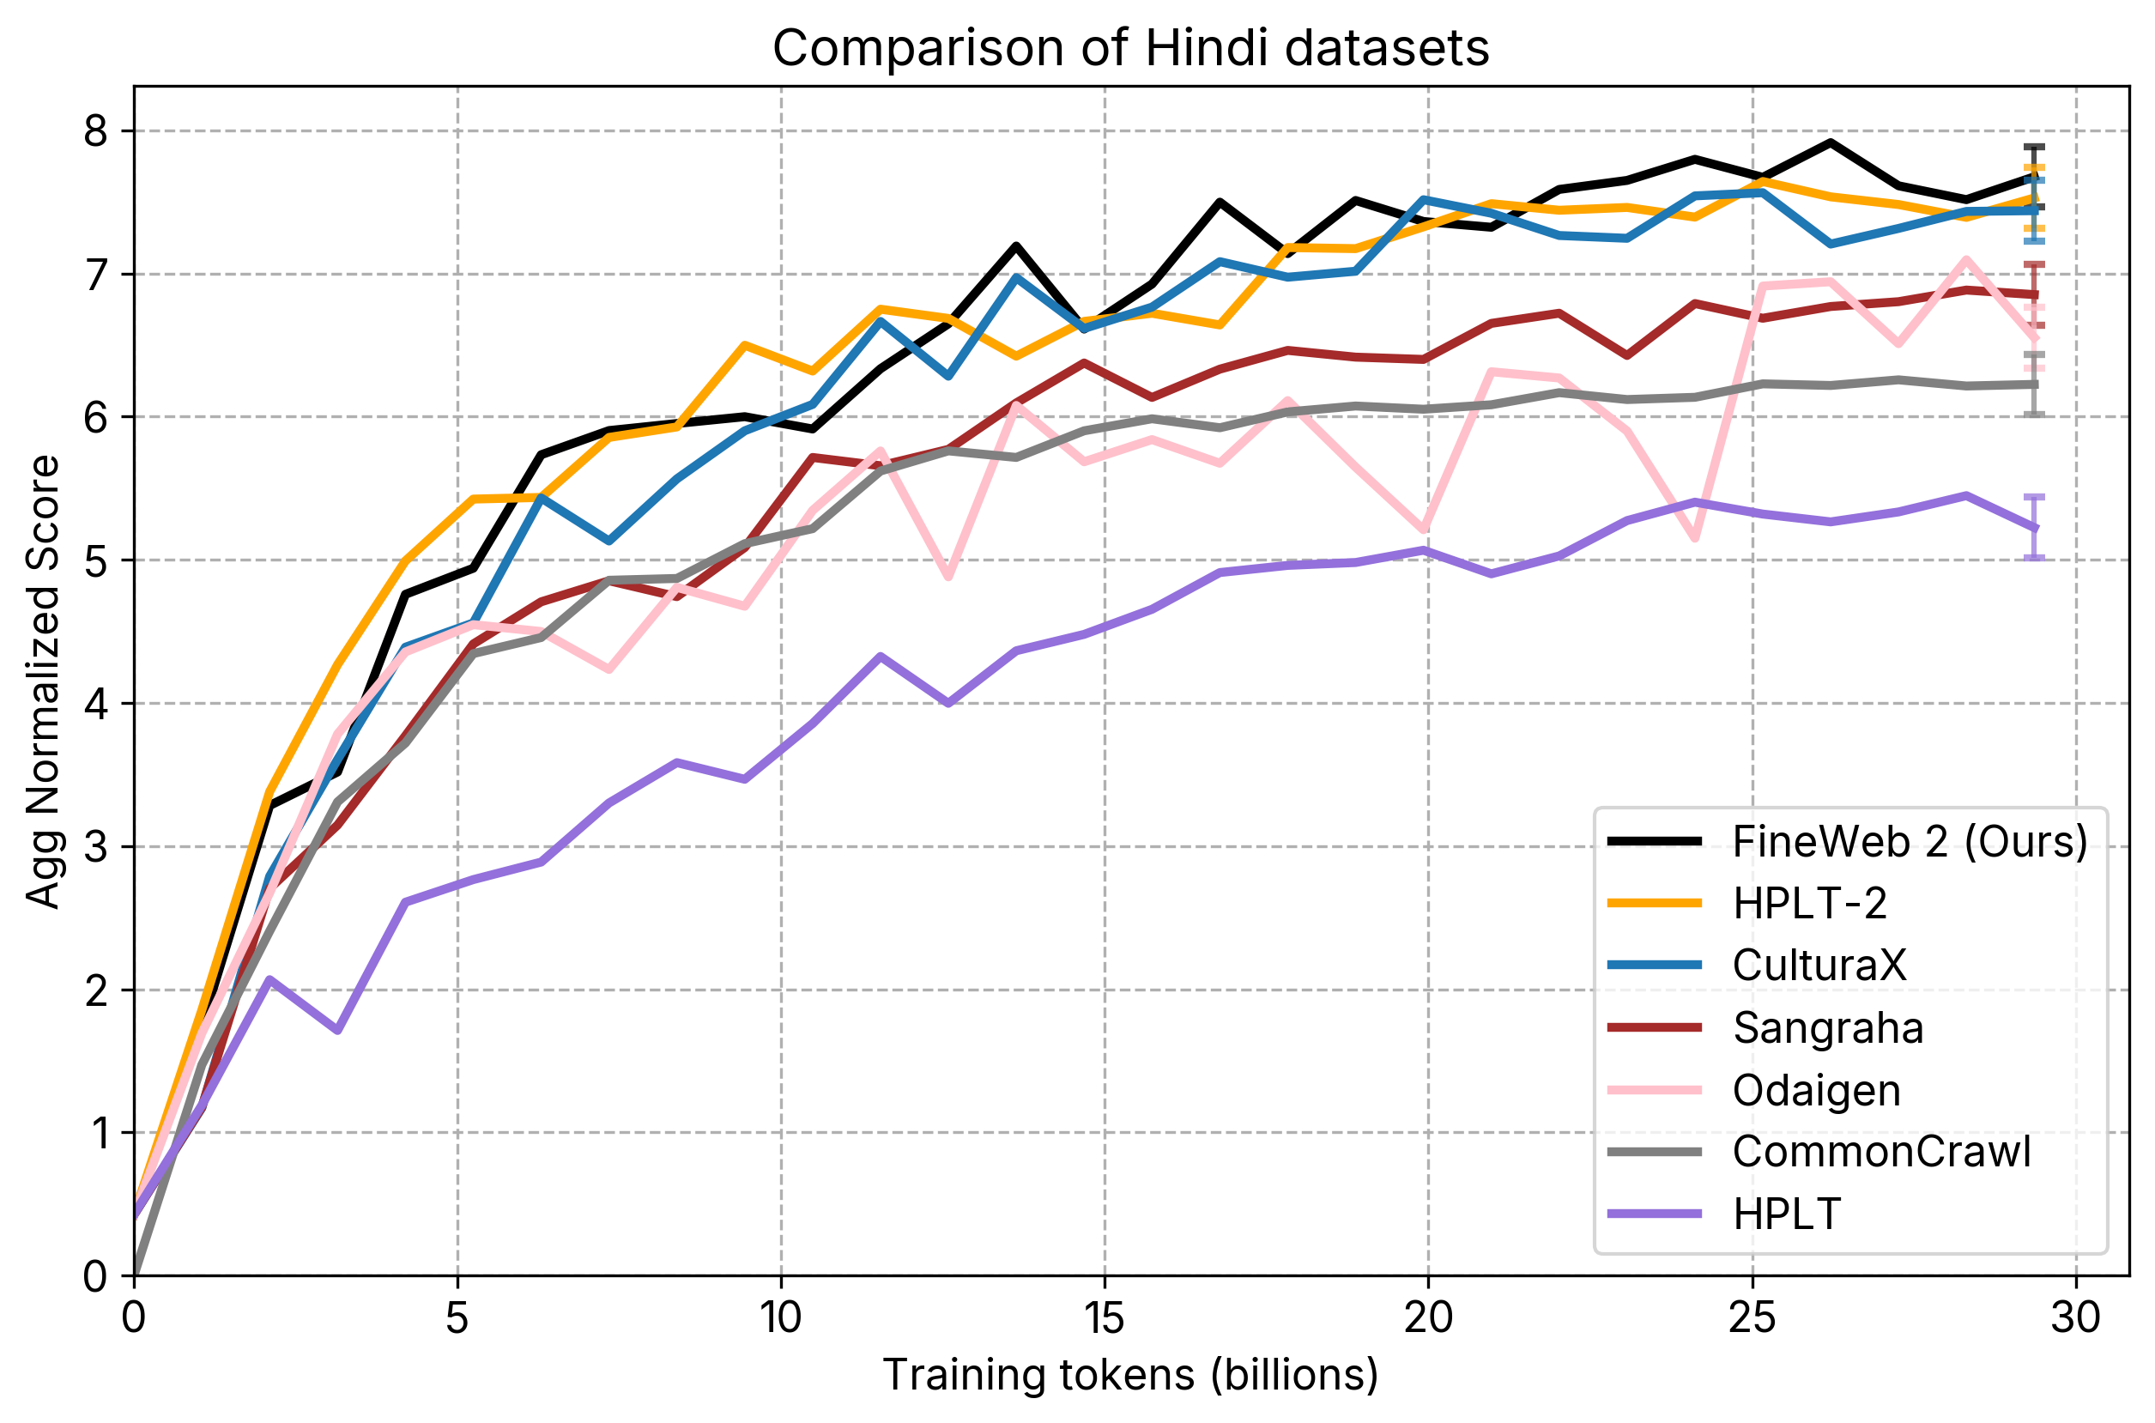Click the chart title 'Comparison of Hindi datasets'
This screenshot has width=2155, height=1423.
pos(1130,48)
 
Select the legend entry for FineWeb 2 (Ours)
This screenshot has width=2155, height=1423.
pos(1909,842)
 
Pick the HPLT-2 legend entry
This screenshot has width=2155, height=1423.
pos(1809,903)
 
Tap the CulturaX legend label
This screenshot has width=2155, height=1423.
pos(1819,965)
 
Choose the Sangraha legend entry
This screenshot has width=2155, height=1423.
pos(1827,1027)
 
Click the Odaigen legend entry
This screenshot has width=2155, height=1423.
pos(1816,1090)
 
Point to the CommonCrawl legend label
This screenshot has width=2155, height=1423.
pos(1881,1152)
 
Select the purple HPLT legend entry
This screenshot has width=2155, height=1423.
pos(1787,1214)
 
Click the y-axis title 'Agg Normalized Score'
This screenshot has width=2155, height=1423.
pos(43,681)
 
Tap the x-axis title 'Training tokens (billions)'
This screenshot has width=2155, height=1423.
pos(1130,1375)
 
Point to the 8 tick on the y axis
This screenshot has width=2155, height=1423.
pos(95,131)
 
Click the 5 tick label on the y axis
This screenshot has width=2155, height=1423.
pos(95,560)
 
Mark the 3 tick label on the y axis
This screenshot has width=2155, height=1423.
pos(95,847)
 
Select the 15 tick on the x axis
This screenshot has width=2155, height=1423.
pos(1105,1317)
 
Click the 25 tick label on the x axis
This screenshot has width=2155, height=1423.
pos(1752,1317)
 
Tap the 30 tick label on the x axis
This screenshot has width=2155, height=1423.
pos(2075,1317)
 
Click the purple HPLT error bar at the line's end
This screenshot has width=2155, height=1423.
pos(2034,527)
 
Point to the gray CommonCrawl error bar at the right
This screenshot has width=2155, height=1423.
pos(2034,385)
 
